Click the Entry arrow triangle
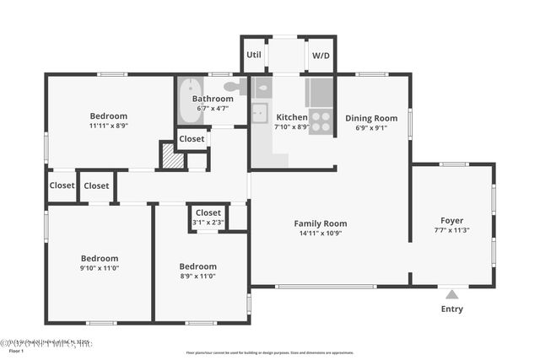(x=452, y=294)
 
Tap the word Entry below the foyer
(x=452, y=309)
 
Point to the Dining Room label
(x=372, y=118)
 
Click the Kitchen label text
(x=292, y=116)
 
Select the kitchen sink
(x=259, y=112)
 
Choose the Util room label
(x=254, y=55)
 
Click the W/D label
(x=321, y=55)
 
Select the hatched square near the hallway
(x=172, y=158)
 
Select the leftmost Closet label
(x=62, y=185)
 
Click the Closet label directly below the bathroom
(x=192, y=139)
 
